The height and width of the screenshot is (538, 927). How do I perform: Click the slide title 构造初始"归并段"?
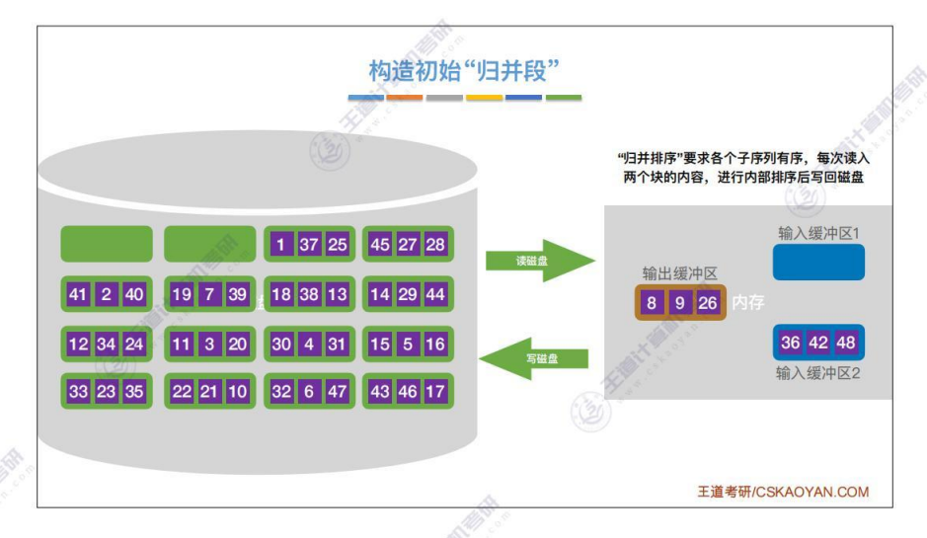click(x=464, y=71)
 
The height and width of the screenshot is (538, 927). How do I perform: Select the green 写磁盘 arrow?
click(x=533, y=357)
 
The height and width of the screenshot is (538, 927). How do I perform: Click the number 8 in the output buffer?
click(x=651, y=303)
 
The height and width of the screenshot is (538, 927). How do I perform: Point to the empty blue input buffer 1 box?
click(x=818, y=262)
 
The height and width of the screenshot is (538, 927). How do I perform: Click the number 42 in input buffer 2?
click(x=818, y=343)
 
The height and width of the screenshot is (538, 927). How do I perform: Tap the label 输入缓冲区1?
click(x=819, y=232)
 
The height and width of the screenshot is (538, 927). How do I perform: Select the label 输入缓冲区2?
click(x=818, y=374)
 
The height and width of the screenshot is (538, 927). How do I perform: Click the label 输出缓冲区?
click(x=679, y=273)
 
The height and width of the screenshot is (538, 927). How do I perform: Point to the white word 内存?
click(x=747, y=303)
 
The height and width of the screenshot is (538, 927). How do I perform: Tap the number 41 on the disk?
click(x=79, y=294)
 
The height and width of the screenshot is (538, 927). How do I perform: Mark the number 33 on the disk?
click(x=79, y=391)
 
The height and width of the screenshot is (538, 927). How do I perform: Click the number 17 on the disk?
click(x=435, y=391)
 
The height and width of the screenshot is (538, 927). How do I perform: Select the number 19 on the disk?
click(x=182, y=294)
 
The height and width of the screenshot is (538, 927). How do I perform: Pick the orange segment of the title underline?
click(x=405, y=98)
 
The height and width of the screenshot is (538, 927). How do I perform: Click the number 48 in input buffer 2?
click(x=846, y=343)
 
